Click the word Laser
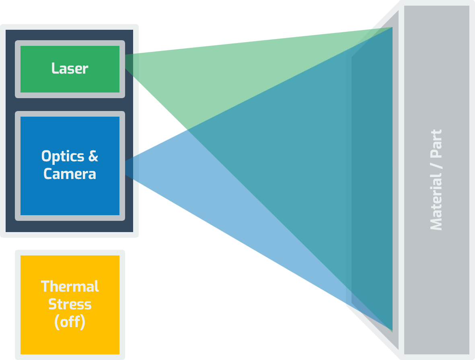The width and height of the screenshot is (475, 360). pos(70,69)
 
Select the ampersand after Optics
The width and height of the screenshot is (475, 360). pos(93,156)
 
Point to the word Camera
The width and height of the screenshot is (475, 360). pos(70,174)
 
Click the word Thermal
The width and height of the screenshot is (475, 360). pos(70,286)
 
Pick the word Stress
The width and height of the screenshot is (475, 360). pos(70,304)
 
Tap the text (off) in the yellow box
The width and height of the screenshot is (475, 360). pos(70,322)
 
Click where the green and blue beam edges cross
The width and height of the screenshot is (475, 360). pos(187,129)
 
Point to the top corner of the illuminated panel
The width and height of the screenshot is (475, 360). pos(392,27)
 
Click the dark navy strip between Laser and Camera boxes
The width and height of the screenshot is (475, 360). pos(70,105)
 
